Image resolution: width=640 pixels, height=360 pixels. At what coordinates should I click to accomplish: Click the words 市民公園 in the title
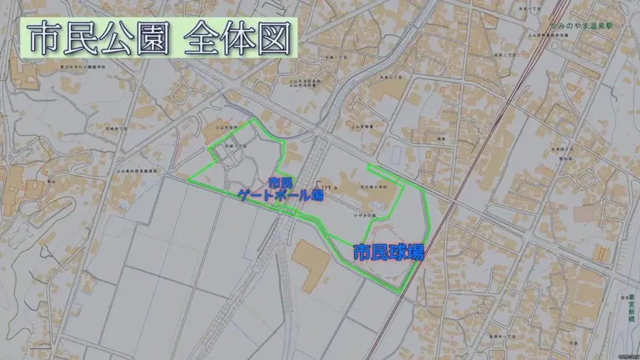[x=95, y=40]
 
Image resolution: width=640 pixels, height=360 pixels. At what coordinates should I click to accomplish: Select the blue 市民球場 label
[x=388, y=253]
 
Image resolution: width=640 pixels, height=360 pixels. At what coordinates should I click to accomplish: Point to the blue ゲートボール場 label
[x=281, y=194]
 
